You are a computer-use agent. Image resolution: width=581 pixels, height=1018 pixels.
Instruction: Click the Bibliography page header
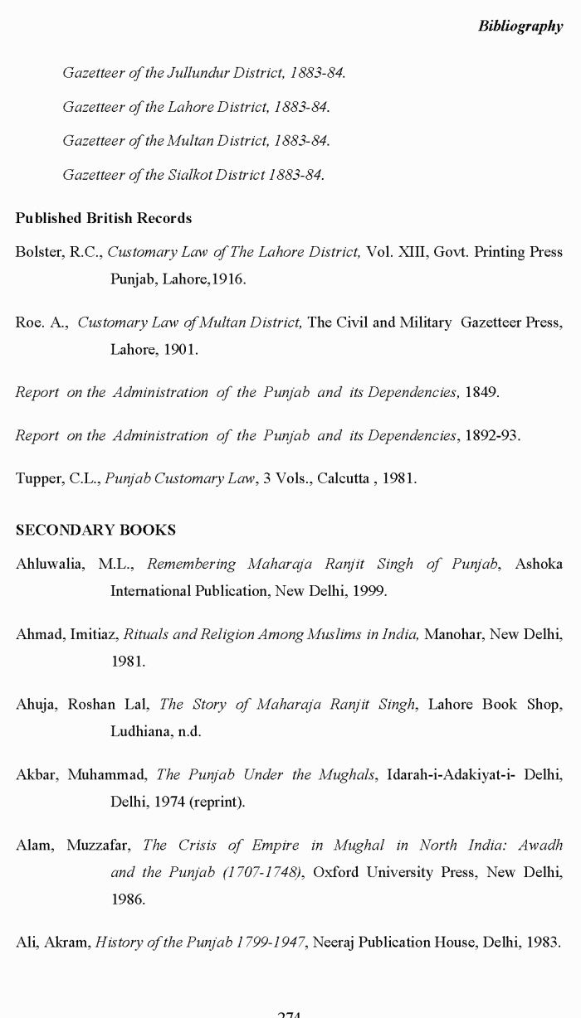coord(520,26)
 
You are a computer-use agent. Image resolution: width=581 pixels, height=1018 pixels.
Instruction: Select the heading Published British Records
coord(104,218)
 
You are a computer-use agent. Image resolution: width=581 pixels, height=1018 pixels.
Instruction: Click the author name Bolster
coord(40,252)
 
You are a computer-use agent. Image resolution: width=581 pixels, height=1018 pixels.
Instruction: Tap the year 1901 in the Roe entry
coord(180,350)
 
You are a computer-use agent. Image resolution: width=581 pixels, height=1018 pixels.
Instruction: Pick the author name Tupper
coord(38,478)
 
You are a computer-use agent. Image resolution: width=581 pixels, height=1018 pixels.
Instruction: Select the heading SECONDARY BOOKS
coord(95,530)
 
